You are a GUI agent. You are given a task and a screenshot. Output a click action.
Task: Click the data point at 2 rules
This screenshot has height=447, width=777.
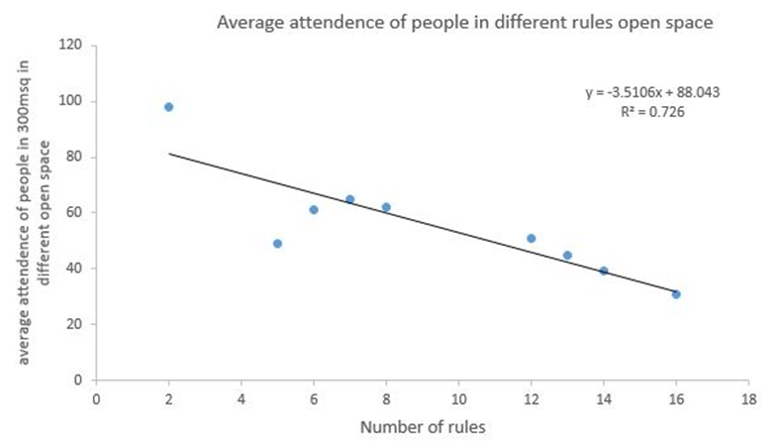[x=168, y=107]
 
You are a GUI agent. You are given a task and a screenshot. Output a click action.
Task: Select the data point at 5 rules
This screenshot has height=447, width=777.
[x=277, y=244]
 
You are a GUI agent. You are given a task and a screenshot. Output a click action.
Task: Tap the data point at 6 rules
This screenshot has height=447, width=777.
[x=314, y=210]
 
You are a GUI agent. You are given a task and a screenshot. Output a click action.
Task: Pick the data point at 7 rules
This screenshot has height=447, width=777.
[x=349, y=199]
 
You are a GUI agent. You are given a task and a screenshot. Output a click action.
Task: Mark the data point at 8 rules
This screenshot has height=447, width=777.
[x=386, y=207]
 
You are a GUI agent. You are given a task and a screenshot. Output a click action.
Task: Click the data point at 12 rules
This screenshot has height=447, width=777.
[x=532, y=238]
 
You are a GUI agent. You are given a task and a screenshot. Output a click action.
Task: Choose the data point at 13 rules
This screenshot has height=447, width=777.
[x=567, y=255]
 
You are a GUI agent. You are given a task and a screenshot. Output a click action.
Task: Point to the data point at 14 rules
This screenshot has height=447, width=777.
[x=604, y=271]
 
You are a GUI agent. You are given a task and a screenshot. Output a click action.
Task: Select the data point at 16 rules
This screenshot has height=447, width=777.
[x=676, y=294]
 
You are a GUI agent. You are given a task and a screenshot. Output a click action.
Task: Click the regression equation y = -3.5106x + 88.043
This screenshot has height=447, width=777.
[x=651, y=93]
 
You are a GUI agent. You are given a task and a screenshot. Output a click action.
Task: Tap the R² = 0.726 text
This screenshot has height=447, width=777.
[x=651, y=112]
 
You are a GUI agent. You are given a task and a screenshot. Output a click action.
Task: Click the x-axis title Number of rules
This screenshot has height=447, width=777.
[x=422, y=428]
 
